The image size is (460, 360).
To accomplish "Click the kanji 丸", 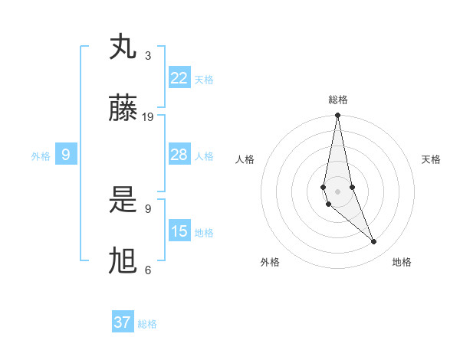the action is pyautogui.click(x=123, y=48).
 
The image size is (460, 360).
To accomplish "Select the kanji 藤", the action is pyautogui.click(x=123, y=109).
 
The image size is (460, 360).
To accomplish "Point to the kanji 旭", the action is pyautogui.click(x=123, y=261).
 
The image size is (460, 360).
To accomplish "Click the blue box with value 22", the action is pyautogui.click(x=179, y=78).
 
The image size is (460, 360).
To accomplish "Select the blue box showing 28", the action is pyautogui.click(x=179, y=155).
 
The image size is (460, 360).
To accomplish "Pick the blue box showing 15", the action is pyautogui.click(x=179, y=231).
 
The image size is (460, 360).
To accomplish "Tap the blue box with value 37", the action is pyautogui.click(x=123, y=322).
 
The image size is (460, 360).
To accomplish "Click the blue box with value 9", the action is pyautogui.click(x=66, y=155).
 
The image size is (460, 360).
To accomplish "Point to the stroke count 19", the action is pyautogui.click(x=148, y=117).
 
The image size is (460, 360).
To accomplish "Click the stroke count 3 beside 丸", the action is pyautogui.click(x=148, y=56).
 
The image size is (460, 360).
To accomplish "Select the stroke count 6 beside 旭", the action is pyautogui.click(x=148, y=270).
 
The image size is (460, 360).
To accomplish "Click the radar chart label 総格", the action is pyautogui.click(x=337, y=100).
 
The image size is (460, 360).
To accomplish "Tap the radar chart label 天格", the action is pyautogui.click(x=432, y=159).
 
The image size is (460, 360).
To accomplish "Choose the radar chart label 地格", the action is pyautogui.click(x=402, y=262).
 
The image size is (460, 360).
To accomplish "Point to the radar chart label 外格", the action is pyautogui.click(x=270, y=262).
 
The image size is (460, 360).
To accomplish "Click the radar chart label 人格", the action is pyautogui.click(x=245, y=159).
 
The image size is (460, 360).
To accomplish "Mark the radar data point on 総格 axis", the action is pyautogui.click(x=337, y=116).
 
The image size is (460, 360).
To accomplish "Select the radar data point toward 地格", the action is pyautogui.click(x=374, y=242).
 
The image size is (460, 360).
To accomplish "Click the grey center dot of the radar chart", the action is pyautogui.click(x=337, y=191).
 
